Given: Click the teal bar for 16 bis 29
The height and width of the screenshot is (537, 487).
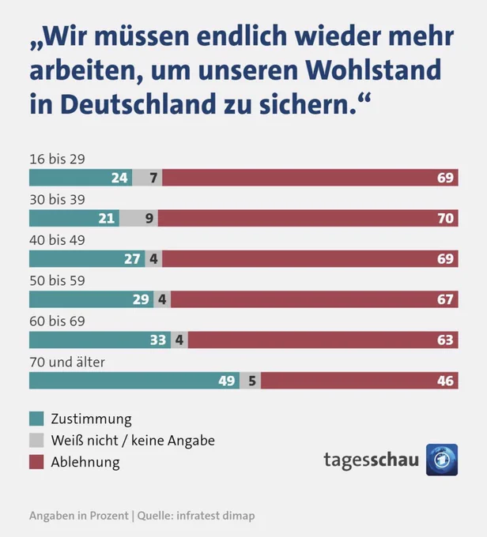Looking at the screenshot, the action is click(x=81, y=178).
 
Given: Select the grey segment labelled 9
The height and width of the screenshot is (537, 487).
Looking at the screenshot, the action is click(x=138, y=218).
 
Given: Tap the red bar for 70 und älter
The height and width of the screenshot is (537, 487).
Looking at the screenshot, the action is click(x=360, y=381).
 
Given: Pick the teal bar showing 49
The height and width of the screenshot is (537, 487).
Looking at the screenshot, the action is click(x=134, y=381).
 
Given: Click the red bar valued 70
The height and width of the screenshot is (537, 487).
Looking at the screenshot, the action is click(x=308, y=218).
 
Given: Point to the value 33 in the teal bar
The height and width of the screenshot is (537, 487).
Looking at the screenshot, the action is click(x=158, y=340).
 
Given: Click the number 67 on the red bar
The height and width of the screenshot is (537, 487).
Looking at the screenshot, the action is click(x=445, y=299).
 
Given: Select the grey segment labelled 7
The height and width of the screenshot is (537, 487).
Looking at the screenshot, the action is click(x=147, y=178).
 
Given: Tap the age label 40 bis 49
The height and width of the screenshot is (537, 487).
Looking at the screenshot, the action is click(x=57, y=240).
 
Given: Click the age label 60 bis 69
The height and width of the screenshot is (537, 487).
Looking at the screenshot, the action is click(x=57, y=321).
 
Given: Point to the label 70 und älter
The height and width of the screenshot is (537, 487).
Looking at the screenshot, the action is click(x=67, y=362).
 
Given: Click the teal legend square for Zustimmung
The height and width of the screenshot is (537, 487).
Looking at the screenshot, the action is click(x=36, y=419).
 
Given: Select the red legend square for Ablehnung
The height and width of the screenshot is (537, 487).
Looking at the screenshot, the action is click(x=36, y=462).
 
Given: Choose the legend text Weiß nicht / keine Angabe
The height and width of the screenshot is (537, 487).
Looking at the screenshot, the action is click(x=133, y=441).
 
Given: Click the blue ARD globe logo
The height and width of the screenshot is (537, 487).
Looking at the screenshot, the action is click(x=442, y=460).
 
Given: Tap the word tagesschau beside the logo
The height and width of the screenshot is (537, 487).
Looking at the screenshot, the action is click(x=371, y=460).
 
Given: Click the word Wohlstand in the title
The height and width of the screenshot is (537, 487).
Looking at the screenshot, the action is click(x=373, y=69).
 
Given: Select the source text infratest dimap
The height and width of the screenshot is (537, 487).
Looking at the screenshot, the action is click(x=215, y=516).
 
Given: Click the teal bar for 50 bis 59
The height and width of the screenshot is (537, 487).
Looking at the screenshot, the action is click(x=91, y=299).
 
